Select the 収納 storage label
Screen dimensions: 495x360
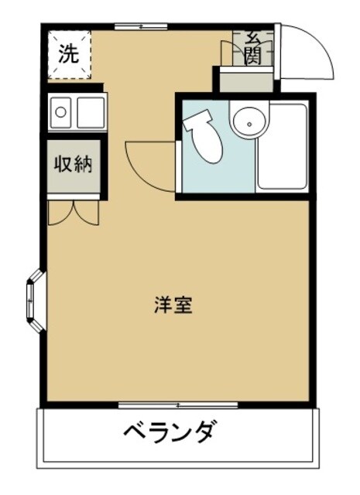pyautogui.click(x=74, y=164)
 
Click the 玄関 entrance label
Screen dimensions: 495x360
pyautogui.click(x=253, y=48)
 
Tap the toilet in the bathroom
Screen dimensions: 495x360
pyautogui.click(x=206, y=139)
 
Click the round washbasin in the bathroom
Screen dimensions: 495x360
pyautogui.click(x=249, y=122)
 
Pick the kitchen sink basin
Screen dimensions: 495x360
pyautogui.click(x=60, y=113)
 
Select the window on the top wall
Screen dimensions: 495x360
pyautogui.click(x=141, y=27)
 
